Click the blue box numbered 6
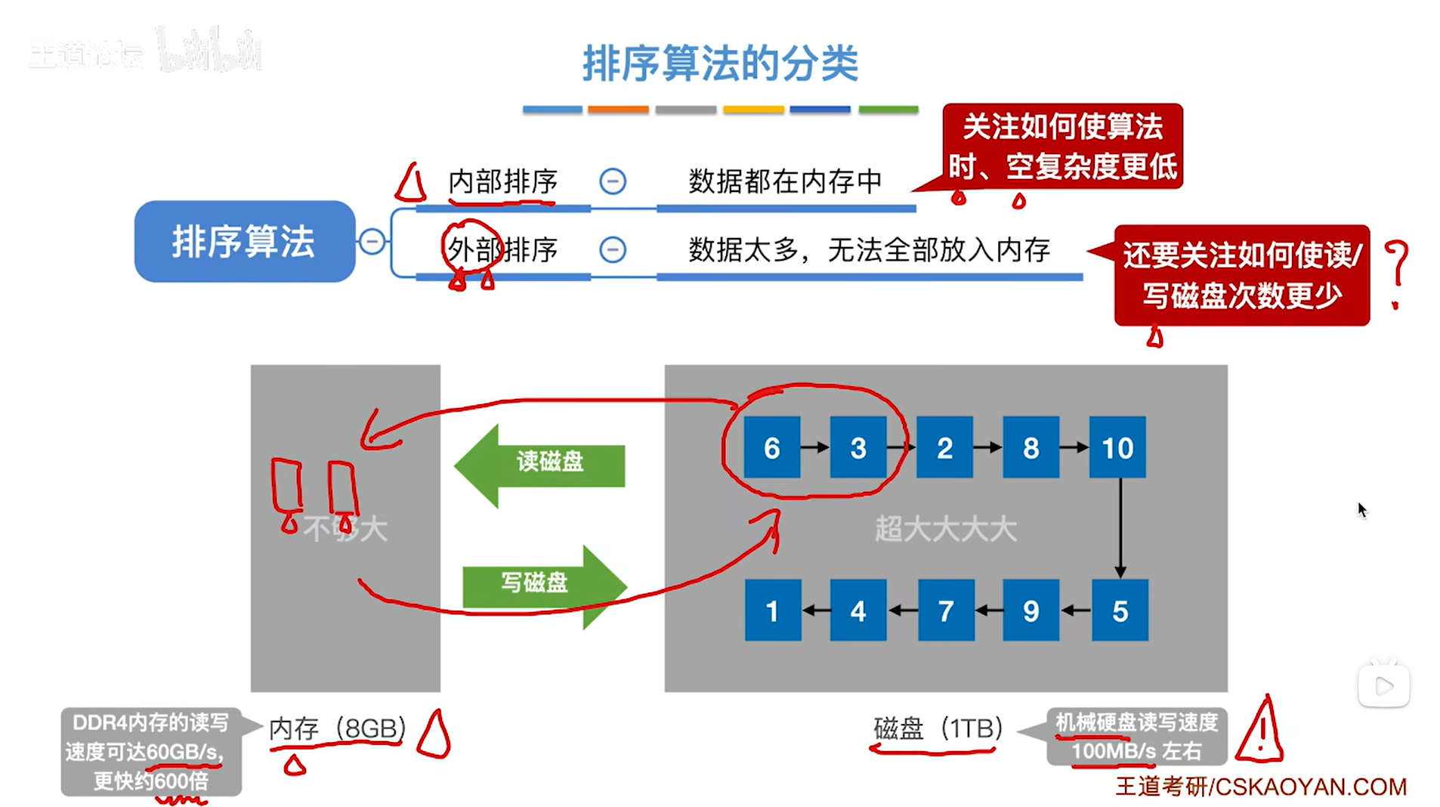[x=771, y=447]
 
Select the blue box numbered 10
[x=1117, y=447]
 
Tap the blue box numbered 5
[x=1120, y=611]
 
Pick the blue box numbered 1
[x=772, y=611]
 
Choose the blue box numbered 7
[x=945, y=611]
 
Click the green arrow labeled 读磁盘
[x=540, y=463]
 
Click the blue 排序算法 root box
[x=244, y=242]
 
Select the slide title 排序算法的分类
[x=720, y=63]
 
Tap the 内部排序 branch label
[x=502, y=182]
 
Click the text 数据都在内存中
[x=785, y=182]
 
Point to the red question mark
[x=1396, y=272]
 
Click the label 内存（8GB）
[x=338, y=728]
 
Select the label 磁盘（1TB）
[x=938, y=728]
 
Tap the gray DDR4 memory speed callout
[x=151, y=751]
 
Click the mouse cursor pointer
[x=1361, y=509]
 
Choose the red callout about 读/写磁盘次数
[x=1241, y=275]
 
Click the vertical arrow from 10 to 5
[x=1120, y=527]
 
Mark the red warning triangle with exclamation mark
[x=1259, y=731]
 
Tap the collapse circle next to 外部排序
[x=612, y=249]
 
